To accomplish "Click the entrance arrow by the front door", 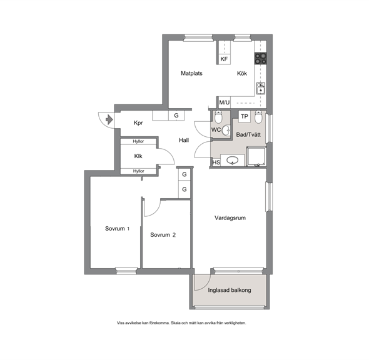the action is tap(109, 119).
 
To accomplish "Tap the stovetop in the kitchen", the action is tap(261, 58).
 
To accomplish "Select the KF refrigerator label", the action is tap(224, 59).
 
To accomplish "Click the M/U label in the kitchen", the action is tap(225, 102).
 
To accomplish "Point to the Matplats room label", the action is tap(191, 73).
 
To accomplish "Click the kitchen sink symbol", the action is tap(261, 88).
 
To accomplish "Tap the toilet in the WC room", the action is tap(218, 117).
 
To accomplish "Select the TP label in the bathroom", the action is tap(245, 116).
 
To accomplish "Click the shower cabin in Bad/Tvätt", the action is tap(256, 157).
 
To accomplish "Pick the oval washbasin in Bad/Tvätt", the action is tap(232, 161).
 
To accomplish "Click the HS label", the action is tap(216, 162).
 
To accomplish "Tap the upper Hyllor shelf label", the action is tap(138, 141).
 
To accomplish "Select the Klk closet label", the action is tap(138, 156).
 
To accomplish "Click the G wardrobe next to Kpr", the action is tap(176, 116).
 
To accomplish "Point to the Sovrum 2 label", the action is tap(163, 235).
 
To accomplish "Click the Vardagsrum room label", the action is tap(230, 218).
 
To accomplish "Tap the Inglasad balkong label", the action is tap(230, 290).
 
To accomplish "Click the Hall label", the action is tap(184, 141).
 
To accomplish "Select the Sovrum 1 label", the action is tap(117, 229).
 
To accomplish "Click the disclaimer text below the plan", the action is tap(181, 323).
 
